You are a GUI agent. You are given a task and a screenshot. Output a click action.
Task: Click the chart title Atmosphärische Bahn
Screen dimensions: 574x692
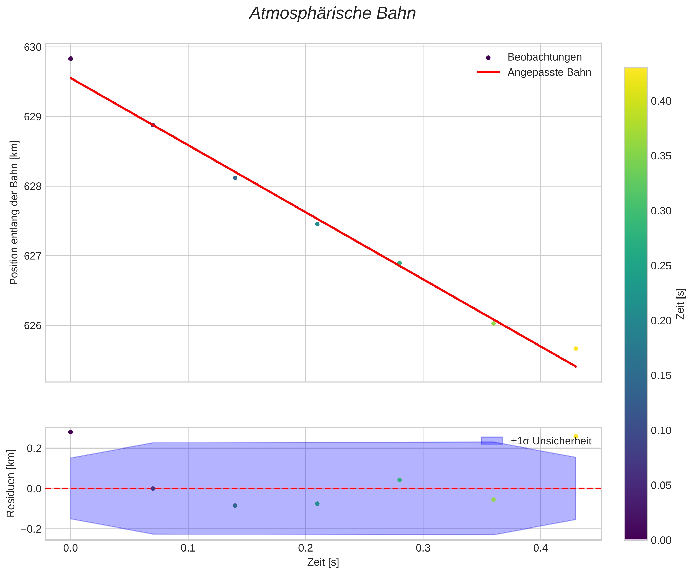coord(332,14)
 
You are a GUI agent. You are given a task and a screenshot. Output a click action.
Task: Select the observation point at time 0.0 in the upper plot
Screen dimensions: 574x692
coord(71,59)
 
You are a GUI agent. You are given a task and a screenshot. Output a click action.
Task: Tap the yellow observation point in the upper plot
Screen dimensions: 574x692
coord(576,349)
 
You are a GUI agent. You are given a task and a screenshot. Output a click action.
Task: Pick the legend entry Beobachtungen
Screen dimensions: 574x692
coord(544,57)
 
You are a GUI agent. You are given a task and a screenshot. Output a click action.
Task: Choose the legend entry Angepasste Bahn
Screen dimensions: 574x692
coord(549,73)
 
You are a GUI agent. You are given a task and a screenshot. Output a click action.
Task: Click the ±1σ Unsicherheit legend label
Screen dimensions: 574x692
coord(551,441)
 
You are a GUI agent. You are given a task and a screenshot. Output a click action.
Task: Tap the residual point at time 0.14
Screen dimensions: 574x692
coord(235,506)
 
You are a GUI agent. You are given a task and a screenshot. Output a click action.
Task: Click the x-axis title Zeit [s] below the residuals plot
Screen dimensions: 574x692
coord(323,562)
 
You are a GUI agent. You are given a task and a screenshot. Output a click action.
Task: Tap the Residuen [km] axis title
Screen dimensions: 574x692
coord(11,483)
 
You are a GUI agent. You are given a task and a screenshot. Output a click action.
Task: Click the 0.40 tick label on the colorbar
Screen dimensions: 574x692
coord(661,101)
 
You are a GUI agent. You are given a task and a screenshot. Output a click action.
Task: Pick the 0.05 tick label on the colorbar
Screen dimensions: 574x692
coord(661,485)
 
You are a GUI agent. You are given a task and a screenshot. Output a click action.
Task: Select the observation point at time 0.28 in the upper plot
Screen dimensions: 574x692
coord(399,263)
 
